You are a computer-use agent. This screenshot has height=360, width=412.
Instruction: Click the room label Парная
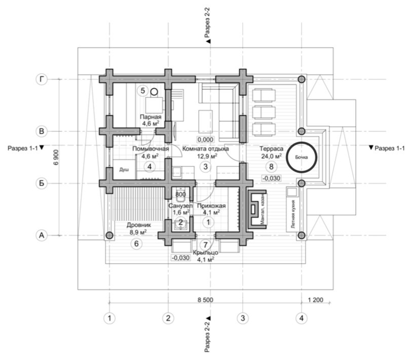(x=151, y=117)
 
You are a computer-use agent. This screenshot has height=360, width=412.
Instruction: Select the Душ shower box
(x=124, y=170)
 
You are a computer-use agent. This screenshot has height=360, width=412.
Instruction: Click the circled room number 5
(x=143, y=91)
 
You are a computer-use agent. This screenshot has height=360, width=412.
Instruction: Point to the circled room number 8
(x=271, y=166)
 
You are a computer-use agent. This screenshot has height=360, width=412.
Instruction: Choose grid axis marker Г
(x=42, y=79)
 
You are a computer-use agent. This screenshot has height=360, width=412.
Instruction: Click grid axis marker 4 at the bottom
(x=302, y=318)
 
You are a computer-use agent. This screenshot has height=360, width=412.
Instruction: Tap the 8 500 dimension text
(x=205, y=300)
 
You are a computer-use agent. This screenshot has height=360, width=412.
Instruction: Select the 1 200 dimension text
(x=315, y=300)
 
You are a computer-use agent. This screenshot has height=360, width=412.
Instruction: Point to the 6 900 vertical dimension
(x=56, y=157)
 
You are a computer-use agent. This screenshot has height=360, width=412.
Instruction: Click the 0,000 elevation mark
(x=205, y=139)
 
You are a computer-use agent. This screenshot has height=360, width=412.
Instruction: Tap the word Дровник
(x=139, y=225)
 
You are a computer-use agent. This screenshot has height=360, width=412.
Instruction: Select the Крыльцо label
(x=205, y=253)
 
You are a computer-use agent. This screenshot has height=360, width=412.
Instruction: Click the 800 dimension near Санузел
(x=180, y=194)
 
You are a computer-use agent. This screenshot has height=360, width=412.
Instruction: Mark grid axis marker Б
(x=42, y=183)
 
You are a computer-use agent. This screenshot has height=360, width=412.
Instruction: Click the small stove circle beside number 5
(x=154, y=92)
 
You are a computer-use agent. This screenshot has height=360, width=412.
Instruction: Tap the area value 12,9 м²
(x=207, y=156)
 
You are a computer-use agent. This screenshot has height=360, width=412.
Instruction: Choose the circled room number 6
(x=136, y=244)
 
